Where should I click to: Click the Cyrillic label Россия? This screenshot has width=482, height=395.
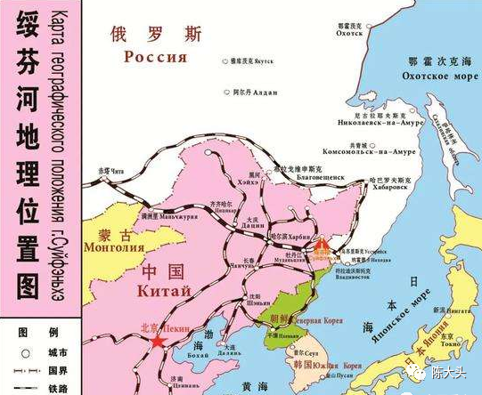tap(157, 58)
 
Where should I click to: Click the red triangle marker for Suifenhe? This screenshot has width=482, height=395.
tap(323, 242)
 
